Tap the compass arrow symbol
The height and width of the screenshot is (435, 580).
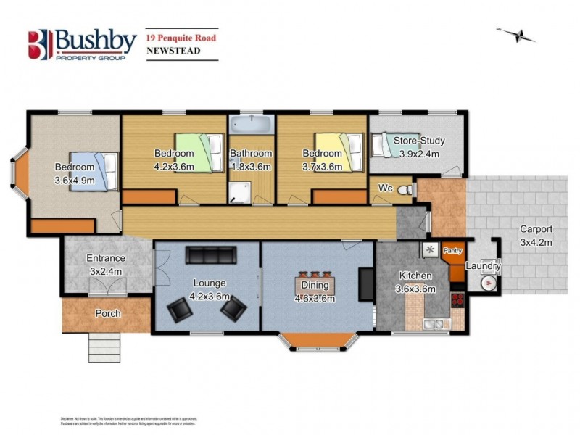pyautogui.click(x=516, y=33)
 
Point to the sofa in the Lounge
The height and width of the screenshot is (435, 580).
pyautogui.click(x=210, y=255)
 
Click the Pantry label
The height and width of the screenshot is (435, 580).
pyautogui.click(x=453, y=251)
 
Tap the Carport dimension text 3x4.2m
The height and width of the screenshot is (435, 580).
pyautogui.click(x=536, y=242)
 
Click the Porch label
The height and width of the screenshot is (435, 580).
pyautogui.click(x=107, y=313)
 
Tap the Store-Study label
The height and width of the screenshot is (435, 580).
pyautogui.click(x=420, y=141)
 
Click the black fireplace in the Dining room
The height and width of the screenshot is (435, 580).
pyautogui.click(x=367, y=282)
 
